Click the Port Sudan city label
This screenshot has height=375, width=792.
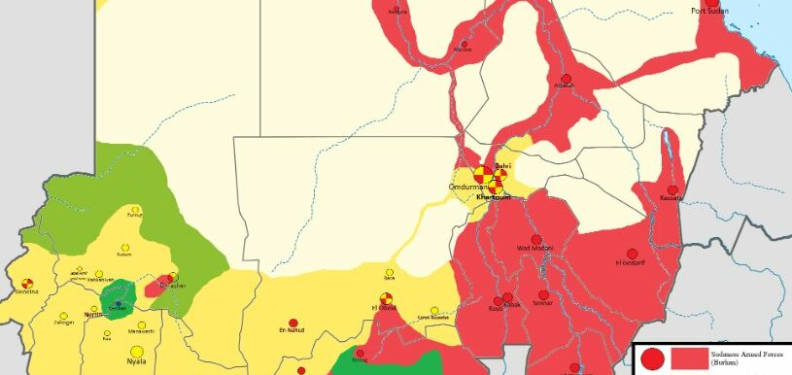coord(711,11)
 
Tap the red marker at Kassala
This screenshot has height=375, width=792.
coord(672,189)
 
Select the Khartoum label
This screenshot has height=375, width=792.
coord(493,198)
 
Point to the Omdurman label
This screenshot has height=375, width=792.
coord(461,186)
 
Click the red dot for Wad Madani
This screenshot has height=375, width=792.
coord(535,239)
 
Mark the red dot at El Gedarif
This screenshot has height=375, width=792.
coord(632,254)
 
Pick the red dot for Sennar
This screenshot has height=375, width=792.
coord(543,294)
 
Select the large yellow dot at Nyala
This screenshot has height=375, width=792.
coord(138,351)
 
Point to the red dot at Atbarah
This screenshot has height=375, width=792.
coord(566,78)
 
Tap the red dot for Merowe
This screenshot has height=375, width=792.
coord(465,44)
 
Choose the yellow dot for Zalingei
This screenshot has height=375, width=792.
coord(64,316)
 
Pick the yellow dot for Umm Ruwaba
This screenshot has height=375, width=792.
coord(434,308)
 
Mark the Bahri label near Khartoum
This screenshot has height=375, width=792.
coord(503,166)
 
